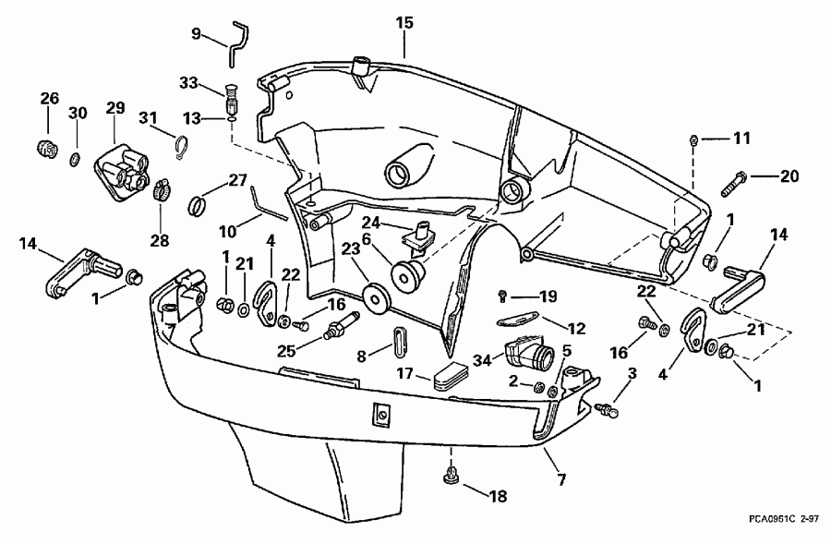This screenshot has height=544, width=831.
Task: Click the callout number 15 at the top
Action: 405,21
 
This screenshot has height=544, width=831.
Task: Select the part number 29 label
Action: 114,108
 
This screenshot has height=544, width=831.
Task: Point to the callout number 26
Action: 49,98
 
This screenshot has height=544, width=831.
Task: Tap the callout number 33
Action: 188,82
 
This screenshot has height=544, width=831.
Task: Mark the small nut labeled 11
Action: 692,139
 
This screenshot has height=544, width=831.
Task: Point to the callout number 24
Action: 370,222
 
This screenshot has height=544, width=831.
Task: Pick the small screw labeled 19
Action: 502,296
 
